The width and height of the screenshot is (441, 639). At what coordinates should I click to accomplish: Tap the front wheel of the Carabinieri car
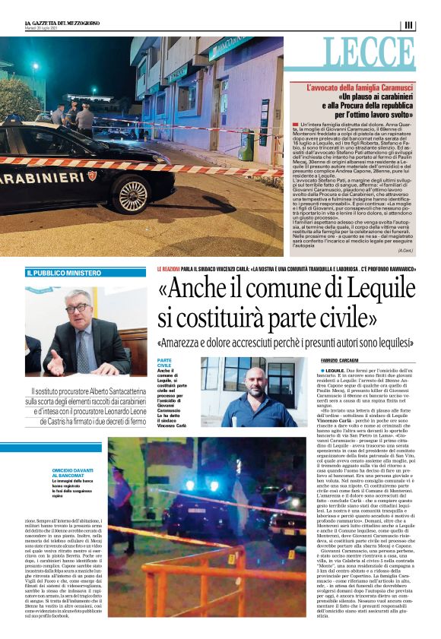pos(133,195)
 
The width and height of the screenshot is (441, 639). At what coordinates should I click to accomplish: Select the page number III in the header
pos(409,25)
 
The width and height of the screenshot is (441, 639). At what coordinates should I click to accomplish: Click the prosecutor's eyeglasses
pos(78,308)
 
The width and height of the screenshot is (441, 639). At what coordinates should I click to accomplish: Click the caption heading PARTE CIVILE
pos(164,362)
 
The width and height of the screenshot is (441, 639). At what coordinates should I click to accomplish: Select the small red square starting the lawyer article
pos(294,122)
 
